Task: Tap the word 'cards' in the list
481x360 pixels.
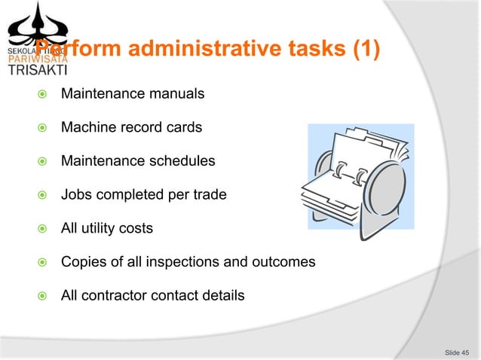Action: pos(185,127)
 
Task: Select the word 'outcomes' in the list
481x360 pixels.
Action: pos(287,261)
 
